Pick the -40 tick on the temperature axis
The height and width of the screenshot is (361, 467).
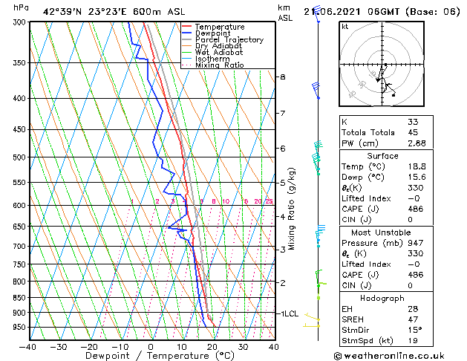coord(28,346)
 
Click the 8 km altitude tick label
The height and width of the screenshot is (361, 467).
coord(283,77)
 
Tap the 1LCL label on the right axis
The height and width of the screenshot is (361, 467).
coord(288,314)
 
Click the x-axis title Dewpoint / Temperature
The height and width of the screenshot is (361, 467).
coord(151,356)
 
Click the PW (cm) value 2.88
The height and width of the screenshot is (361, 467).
coord(417,143)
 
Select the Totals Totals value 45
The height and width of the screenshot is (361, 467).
coord(413,132)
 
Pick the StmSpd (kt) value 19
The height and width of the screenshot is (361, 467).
coord(412,341)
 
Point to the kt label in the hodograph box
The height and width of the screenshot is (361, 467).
coord(345,27)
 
